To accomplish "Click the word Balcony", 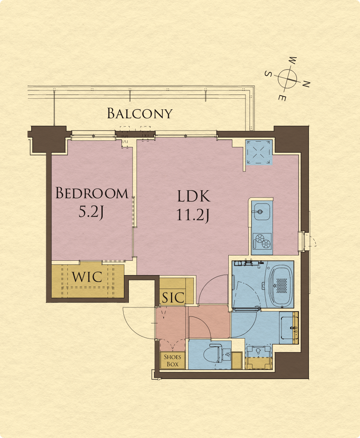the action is [140, 113].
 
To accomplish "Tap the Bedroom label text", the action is [92, 193].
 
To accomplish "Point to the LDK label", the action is [193, 196].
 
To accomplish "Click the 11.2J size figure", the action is [193, 215].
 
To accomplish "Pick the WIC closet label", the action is [87, 277].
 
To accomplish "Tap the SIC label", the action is [173, 298].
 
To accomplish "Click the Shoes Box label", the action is [173, 360].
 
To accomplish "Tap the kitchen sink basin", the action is [261, 212].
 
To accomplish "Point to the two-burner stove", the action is [262, 241].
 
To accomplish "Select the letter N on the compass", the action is [306, 84].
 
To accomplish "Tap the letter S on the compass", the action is [268, 74].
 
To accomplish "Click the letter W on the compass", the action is [292, 60].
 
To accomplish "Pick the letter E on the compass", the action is [282, 98].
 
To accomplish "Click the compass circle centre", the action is [287, 79].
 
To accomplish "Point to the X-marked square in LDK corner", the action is [259, 152].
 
